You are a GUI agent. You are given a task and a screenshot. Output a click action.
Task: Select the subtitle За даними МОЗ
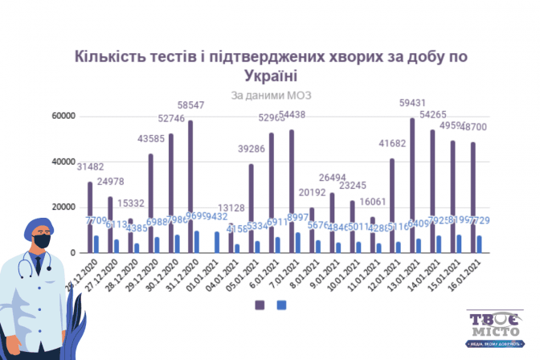pos(270,95)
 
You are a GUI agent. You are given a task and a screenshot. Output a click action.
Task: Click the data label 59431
pos(413,104)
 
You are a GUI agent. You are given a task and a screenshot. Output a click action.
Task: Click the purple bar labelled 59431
pos(412,186)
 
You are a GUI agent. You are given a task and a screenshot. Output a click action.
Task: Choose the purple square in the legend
pos(260,305)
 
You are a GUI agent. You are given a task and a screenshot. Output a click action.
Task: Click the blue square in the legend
pos(280,305)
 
